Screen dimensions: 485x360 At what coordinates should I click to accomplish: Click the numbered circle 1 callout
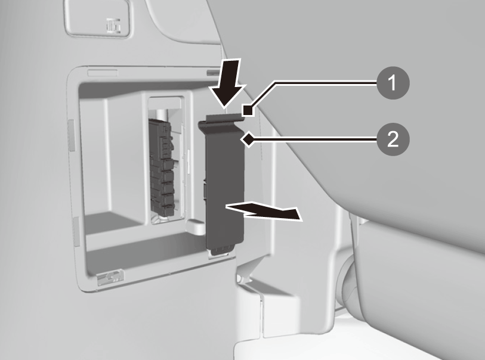pyautogui.click(x=393, y=83)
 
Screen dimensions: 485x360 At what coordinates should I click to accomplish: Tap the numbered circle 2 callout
pyautogui.click(x=393, y=139)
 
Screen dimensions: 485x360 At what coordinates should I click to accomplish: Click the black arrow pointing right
pyautogui.click(x=264, y=212)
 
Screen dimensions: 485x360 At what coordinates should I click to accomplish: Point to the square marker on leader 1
pyautogui.click(x=248, y=111)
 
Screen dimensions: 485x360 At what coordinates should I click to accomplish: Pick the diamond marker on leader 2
pyautogui.click(x=248, y=139)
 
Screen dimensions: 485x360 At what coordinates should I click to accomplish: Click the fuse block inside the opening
pyautogui.click(x=162, y=167)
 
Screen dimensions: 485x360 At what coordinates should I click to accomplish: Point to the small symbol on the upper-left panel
pyautogui.click(x=113, y=26)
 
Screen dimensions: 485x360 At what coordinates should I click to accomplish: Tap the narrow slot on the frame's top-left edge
pyautogui.click(x=103, y=73)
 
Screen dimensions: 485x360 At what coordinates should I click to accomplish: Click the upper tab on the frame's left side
pyautogui.click(x=72, y=135)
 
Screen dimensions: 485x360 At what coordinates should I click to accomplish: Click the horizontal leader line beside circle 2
pyautogui.click(x=314, y=139)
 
